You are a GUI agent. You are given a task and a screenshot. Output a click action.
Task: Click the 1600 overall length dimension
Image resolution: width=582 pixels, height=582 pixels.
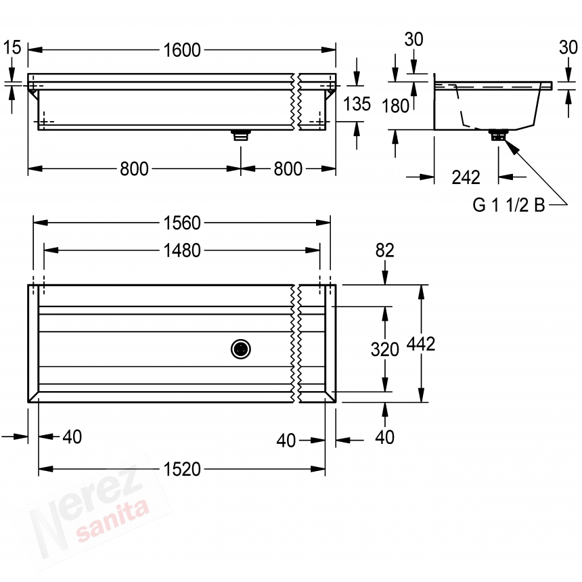click(182, 49)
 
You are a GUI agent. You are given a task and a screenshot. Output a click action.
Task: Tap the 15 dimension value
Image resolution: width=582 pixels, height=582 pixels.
click(12, 47)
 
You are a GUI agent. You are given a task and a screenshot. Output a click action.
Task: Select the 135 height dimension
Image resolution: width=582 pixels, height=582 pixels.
click(357, 104)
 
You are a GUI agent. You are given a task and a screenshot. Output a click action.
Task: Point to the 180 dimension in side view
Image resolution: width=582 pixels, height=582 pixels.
click(395, 106)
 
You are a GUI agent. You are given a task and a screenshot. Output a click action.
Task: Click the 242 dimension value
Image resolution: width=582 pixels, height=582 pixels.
click(466, 177)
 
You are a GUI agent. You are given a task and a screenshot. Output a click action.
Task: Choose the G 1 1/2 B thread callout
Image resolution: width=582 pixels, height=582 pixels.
click(508, 204)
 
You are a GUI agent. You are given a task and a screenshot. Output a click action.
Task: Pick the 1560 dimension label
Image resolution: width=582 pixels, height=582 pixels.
click(182, 223)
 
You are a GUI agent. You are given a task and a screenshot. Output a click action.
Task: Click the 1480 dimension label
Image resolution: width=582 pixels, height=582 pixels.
click(182, 250)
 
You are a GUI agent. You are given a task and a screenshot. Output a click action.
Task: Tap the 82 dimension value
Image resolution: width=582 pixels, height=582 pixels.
click(384, 250)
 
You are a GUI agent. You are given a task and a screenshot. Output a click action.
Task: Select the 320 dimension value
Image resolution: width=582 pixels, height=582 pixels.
click(385, 350)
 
